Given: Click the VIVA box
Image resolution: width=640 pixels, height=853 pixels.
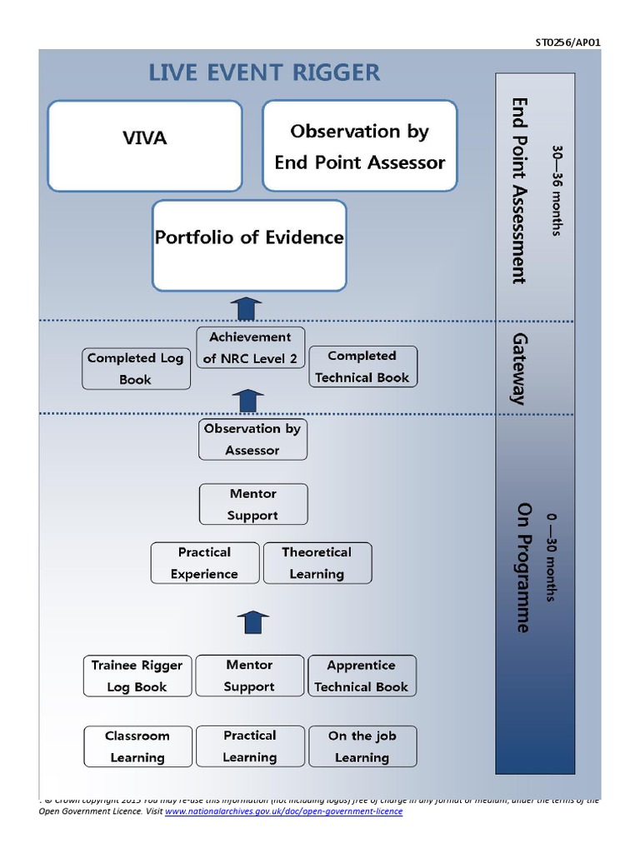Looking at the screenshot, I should tap(144, 146).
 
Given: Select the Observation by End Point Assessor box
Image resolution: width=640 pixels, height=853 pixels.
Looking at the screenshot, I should tap(360, 146).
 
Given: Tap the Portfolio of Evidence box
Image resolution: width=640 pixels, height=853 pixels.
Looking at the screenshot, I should tap(249, 245).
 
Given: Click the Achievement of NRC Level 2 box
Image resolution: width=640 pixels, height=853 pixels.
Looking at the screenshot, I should tap(250, 348).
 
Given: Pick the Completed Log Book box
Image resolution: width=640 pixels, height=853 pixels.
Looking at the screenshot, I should tap(136, 368).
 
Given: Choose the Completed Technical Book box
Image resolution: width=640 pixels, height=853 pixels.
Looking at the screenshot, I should tap(362, 367).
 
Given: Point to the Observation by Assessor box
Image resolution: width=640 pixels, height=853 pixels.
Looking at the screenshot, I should tap(252, 439).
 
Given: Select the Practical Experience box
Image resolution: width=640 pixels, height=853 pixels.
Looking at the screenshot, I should tap(204, 563).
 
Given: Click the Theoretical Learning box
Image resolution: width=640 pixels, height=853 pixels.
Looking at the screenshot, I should tap(317, 563).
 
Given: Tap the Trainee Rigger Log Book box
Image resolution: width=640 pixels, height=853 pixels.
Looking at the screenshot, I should tap(137, 676).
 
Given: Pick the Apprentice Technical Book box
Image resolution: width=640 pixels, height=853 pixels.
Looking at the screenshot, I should tap(361, 676).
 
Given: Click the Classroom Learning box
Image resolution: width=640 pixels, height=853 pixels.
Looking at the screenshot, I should tap(137, 746).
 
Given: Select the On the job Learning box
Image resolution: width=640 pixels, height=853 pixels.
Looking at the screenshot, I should tap(362, 746).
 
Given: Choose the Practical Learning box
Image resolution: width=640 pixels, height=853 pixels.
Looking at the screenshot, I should tap(249, 746).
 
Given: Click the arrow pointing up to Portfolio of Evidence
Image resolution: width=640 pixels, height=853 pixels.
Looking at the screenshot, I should tap(247, 308).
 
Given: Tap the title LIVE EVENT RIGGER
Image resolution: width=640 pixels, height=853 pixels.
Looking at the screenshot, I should tap(264, 72).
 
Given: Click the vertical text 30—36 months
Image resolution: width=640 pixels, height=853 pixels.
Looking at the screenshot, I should tap(557, 191).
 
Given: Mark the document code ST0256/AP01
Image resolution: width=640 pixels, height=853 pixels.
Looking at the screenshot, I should tap(567, 42).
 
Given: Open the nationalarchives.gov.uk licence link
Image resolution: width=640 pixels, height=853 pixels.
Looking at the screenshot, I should tap(283, 811).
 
